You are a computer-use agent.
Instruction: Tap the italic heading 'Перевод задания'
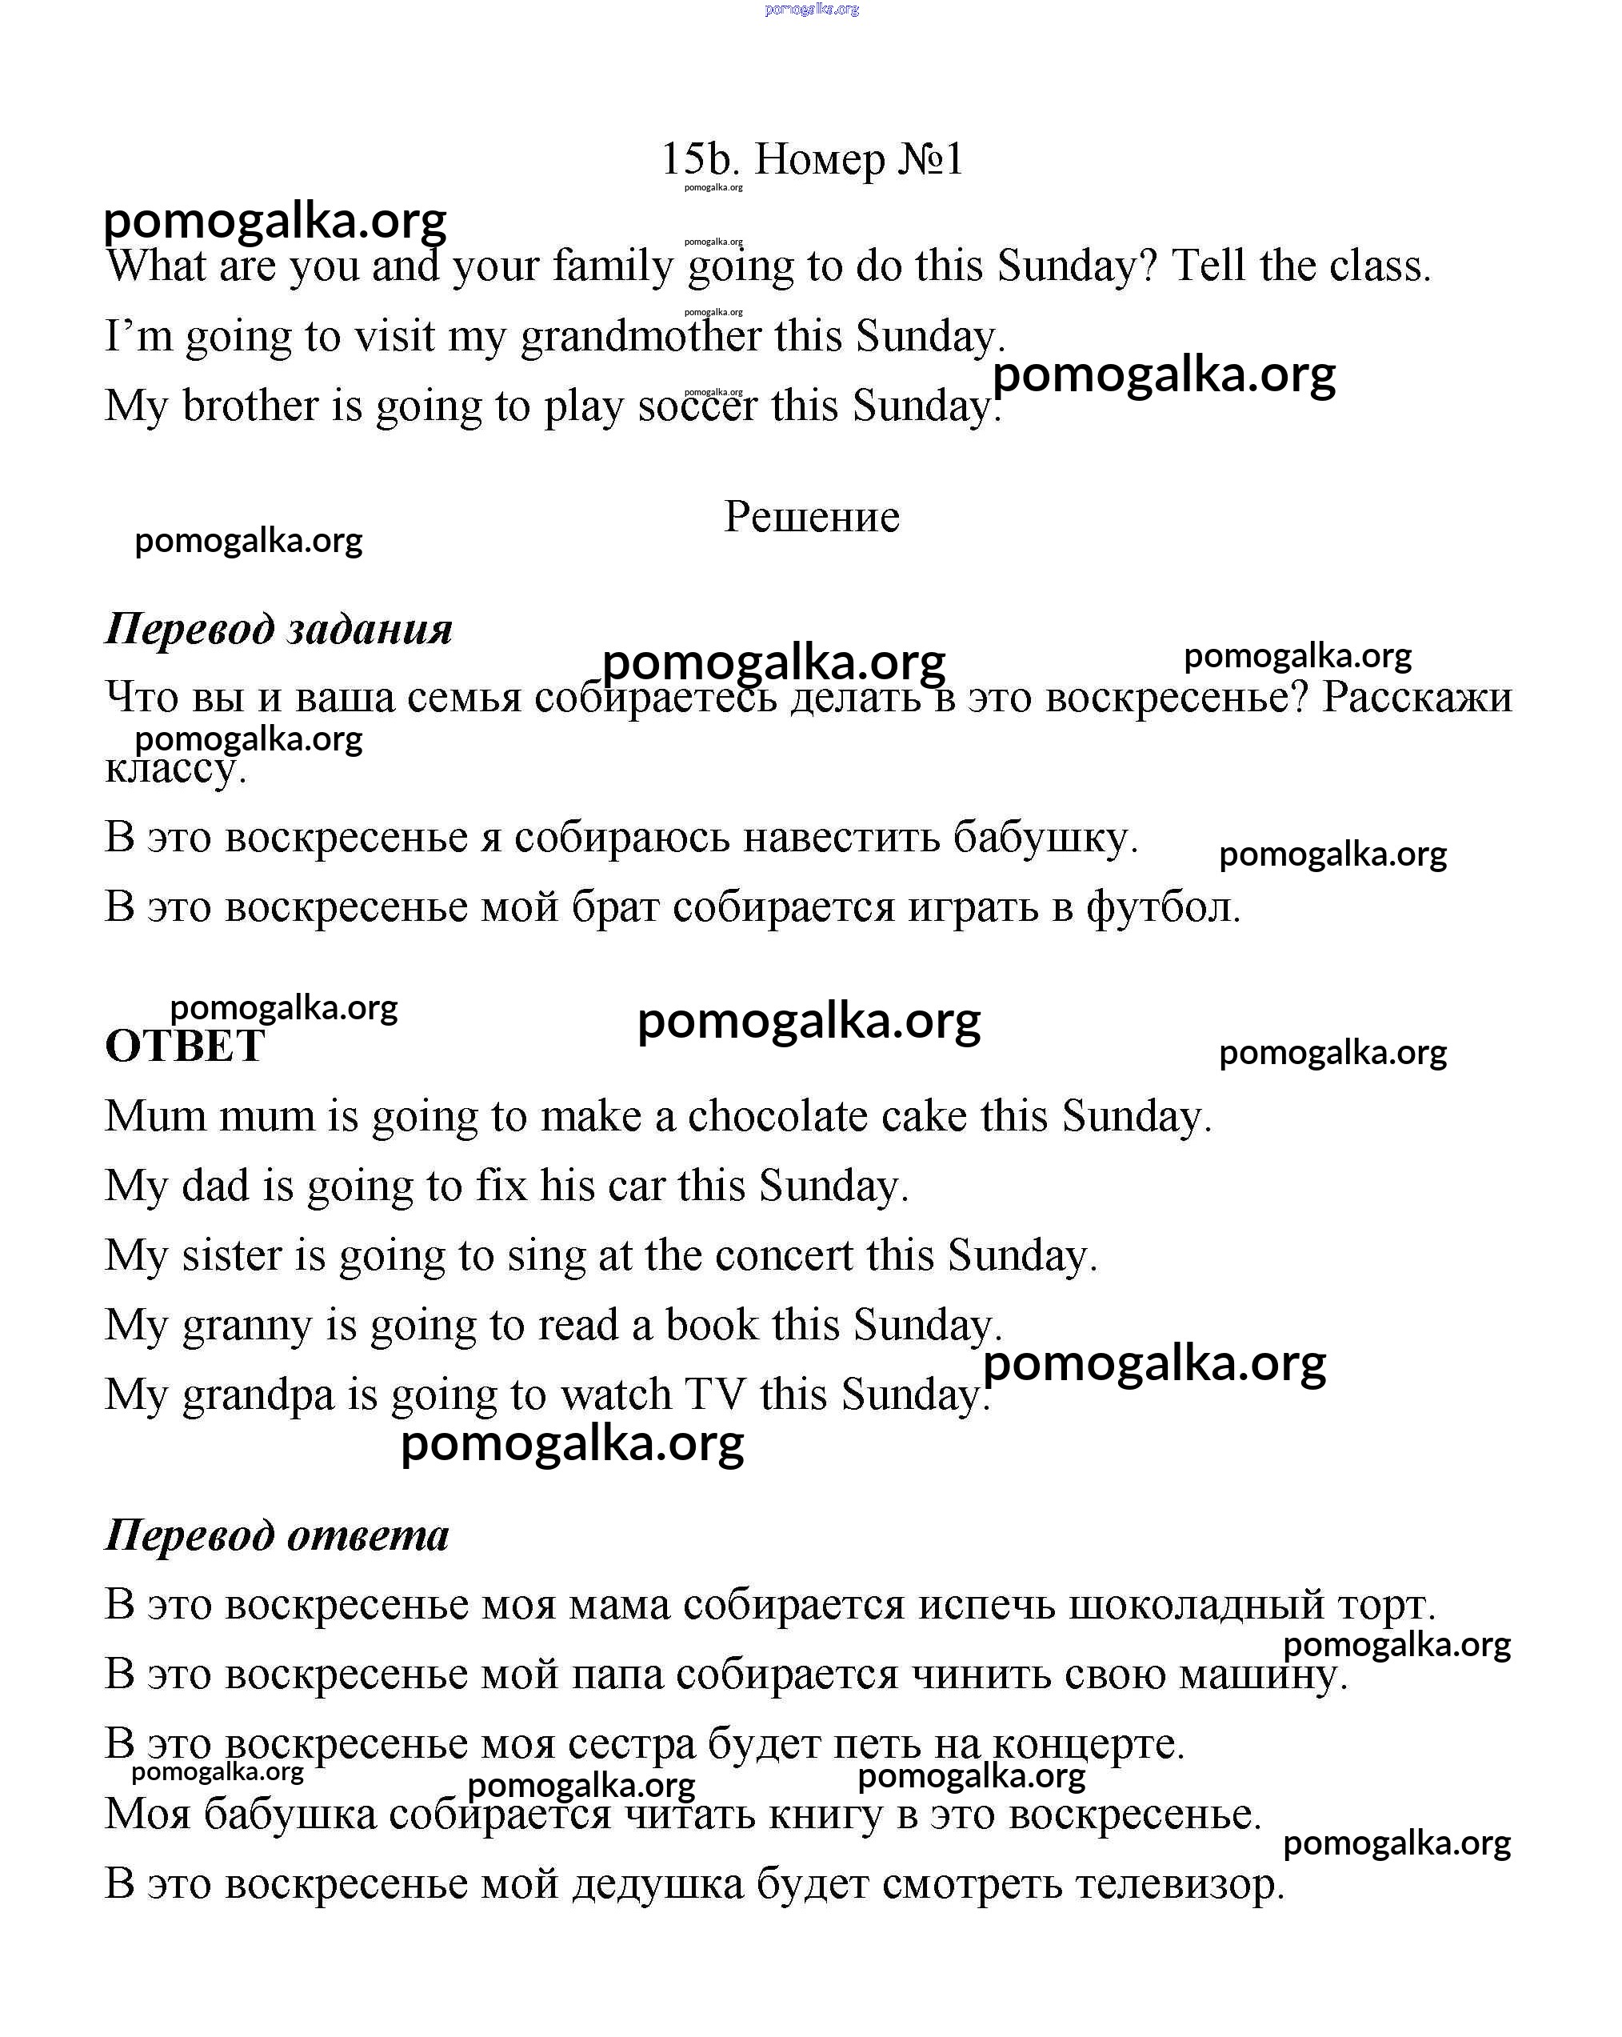coord(278,629)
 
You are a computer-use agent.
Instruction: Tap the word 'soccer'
coord(697,406)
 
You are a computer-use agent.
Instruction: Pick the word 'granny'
coord(246,1327)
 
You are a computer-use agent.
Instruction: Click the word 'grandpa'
coord(258,1395)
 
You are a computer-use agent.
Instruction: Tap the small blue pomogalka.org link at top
coord(812,10)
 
